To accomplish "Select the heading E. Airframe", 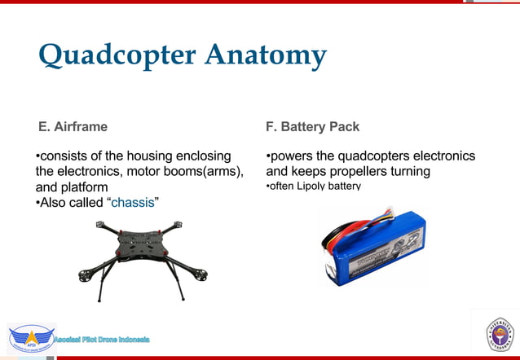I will [x=73, y=127].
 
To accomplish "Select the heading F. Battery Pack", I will [x=312, y=127].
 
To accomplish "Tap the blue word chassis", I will [x=132, y=202].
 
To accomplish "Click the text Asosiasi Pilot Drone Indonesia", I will [x=102, y=338].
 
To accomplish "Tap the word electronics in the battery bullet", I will [x=442, y=156].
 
